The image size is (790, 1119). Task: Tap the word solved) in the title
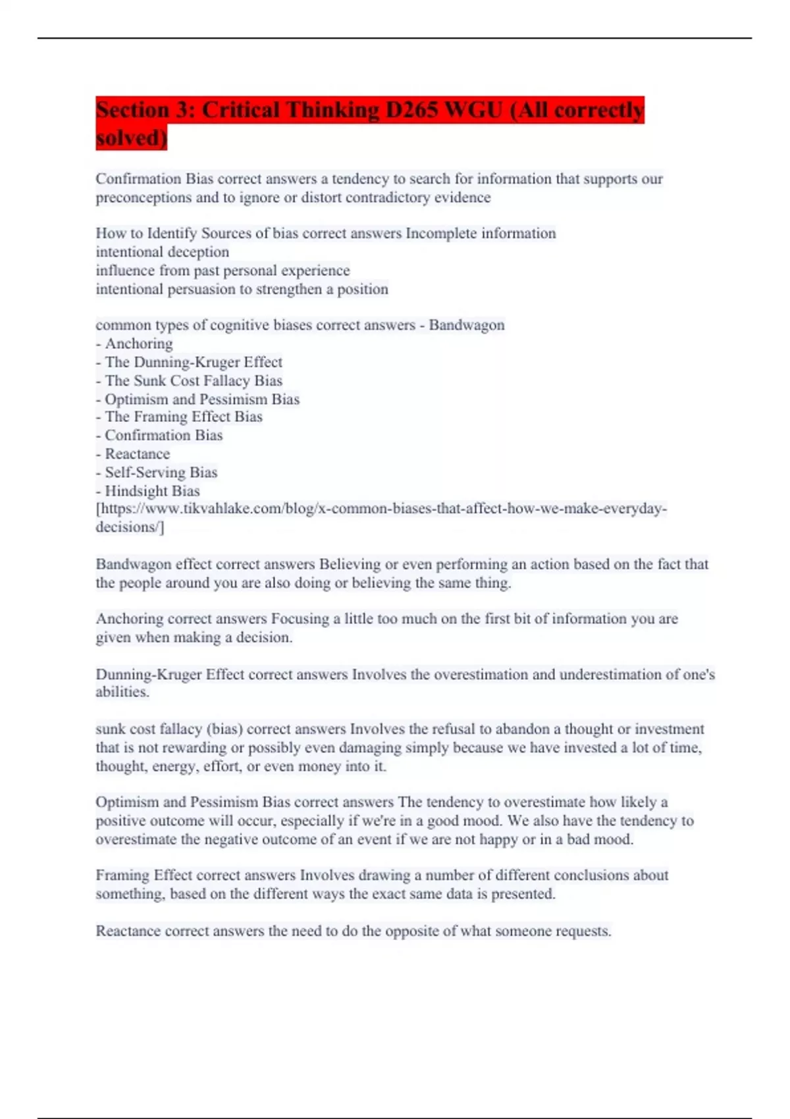point(131,138)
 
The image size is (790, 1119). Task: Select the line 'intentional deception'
point(162,251)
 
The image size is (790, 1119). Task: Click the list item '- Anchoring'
point(134,344)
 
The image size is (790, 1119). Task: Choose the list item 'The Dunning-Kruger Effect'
point(193,362)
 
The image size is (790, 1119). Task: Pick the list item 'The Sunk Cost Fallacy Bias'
point(193,380)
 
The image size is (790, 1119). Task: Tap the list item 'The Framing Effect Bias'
point(183,417)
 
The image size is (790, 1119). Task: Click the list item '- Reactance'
point(133,454)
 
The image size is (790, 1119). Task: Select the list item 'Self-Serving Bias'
point(161,472)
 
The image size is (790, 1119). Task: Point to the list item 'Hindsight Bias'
point(151,490)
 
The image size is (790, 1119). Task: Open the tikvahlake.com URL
point(381,509)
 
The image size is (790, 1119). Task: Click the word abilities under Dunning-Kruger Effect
point(122,692)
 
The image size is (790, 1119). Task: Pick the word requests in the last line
point(583,931)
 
